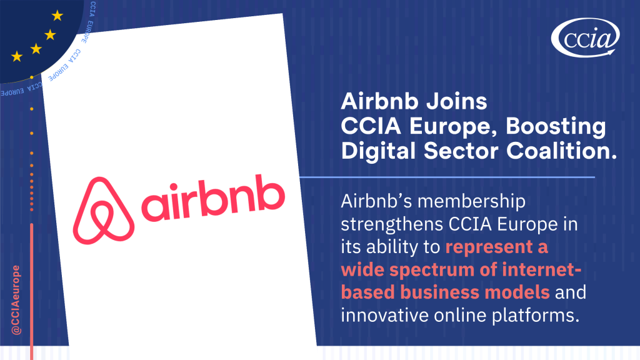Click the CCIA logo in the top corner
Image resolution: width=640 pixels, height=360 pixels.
(x=585, y=37)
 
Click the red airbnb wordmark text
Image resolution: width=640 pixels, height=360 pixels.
(x=213, y=198)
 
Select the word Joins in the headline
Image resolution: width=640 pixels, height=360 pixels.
(x=457, y=101)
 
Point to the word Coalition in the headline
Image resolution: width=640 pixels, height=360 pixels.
(x=562, y=151)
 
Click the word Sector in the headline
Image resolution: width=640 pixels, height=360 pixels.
(x=461, y=151)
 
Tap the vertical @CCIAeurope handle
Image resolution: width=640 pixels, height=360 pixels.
(x=16, y=300)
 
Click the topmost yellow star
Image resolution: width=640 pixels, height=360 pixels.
(x=57, y=16)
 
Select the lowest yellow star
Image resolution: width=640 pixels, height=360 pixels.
(x=17, y=56)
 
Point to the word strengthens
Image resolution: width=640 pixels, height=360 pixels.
(x=392, y=225)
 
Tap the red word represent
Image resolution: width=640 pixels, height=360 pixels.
(x=489, y=247)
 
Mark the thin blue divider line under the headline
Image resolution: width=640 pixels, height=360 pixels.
(x=447, y=177)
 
